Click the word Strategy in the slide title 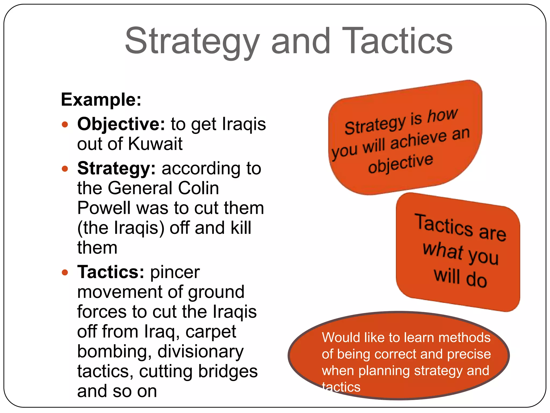[192, 42]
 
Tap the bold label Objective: [121, 124]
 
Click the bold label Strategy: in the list [116, 169]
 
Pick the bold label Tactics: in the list [111, 272]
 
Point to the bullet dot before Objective [65, 124]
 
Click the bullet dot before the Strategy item [65, 169]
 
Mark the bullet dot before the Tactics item [65, 272]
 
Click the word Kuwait [155, 144]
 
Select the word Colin [198, 188]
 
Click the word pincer [175, 272]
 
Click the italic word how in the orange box [442, 115]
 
